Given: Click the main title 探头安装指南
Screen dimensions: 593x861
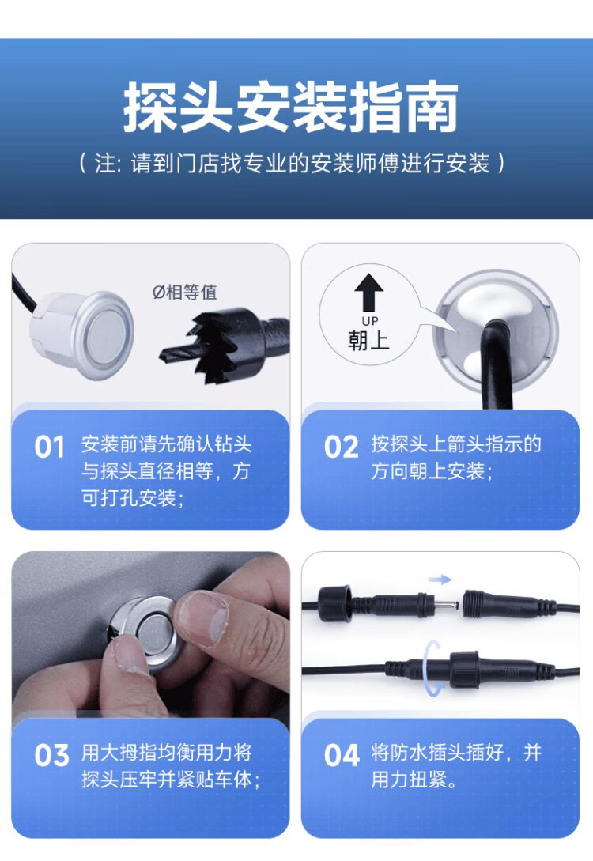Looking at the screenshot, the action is point(290,107).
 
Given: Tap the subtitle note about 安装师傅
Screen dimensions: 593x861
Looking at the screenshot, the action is point(292,163).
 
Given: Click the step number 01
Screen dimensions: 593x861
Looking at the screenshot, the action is point(49,447).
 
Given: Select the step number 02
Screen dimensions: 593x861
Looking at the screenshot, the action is point(341,447).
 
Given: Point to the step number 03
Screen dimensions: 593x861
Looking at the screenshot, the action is point(51,756).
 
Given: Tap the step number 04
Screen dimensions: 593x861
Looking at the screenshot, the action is point(342,756).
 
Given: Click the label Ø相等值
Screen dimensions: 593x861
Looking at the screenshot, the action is point(184,292).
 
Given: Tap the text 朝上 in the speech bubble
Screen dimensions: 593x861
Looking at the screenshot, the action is point(368,341).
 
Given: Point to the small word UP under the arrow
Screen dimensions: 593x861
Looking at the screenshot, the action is point(369,321).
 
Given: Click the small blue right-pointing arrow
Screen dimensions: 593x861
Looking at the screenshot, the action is point(440,580).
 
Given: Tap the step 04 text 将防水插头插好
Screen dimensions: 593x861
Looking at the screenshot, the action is point(437,752).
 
